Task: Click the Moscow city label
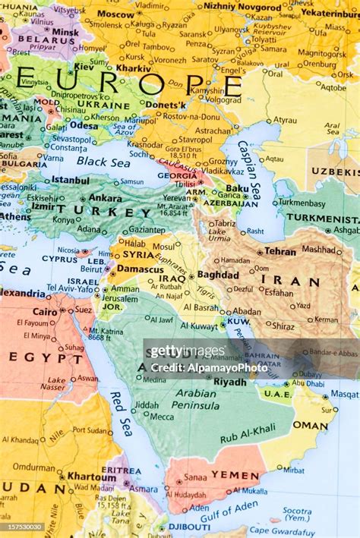click(x=115, y=14)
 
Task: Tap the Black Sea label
click(x=103, y=162)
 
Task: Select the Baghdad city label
click(x=218, y=275)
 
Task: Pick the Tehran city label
click(x=280, y=251)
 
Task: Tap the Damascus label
click(x=140, y=269)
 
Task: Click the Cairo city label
click(x=46, y=311)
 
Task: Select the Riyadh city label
click(x=229, y=382)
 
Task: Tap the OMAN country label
click(x=310, y=426)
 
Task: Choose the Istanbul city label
click(x=70, y=181)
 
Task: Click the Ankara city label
click(x=106, y=197)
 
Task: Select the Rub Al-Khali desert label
click(x=248, y=434)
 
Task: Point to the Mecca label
click(x=161, y=416)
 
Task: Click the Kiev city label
click(x=83, y=67)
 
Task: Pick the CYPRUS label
click(x=59, y=259)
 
